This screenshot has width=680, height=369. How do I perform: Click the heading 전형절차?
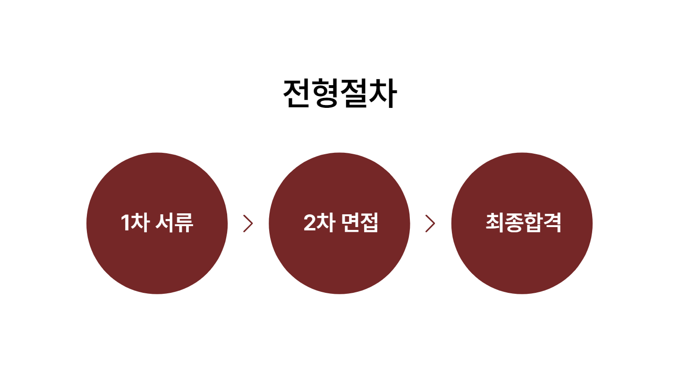340,93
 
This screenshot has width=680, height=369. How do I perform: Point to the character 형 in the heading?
325,93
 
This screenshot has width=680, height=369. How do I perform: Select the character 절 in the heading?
354,93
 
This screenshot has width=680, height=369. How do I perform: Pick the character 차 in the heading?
383,93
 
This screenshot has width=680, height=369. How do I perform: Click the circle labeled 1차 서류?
157,223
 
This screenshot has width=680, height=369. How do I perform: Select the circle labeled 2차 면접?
340,223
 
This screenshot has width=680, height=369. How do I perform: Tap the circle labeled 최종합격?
522,223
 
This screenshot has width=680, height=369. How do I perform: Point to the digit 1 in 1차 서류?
125,223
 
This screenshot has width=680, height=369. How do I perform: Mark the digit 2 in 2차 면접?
310,223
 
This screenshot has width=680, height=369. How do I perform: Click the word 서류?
174,223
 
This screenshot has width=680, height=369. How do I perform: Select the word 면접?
360,223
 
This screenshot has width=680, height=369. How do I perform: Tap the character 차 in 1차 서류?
140,223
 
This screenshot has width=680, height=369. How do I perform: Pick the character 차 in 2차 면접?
326,223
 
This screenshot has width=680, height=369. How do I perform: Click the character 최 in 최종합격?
495,223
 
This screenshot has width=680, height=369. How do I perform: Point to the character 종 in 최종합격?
514,223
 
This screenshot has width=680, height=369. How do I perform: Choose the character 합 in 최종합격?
533,223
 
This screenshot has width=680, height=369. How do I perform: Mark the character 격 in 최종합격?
552,223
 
